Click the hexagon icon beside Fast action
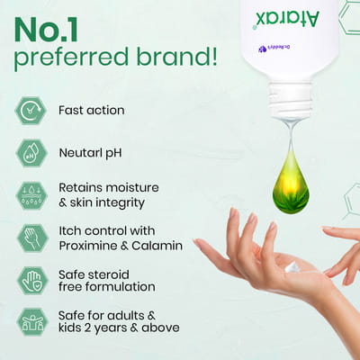(31, 111)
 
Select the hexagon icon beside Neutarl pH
(31, 152)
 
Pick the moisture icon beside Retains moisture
(31, 194)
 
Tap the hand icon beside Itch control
(31, 238)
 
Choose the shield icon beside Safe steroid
(31, 280)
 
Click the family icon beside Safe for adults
(31, 321)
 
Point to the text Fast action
(91, 111)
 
